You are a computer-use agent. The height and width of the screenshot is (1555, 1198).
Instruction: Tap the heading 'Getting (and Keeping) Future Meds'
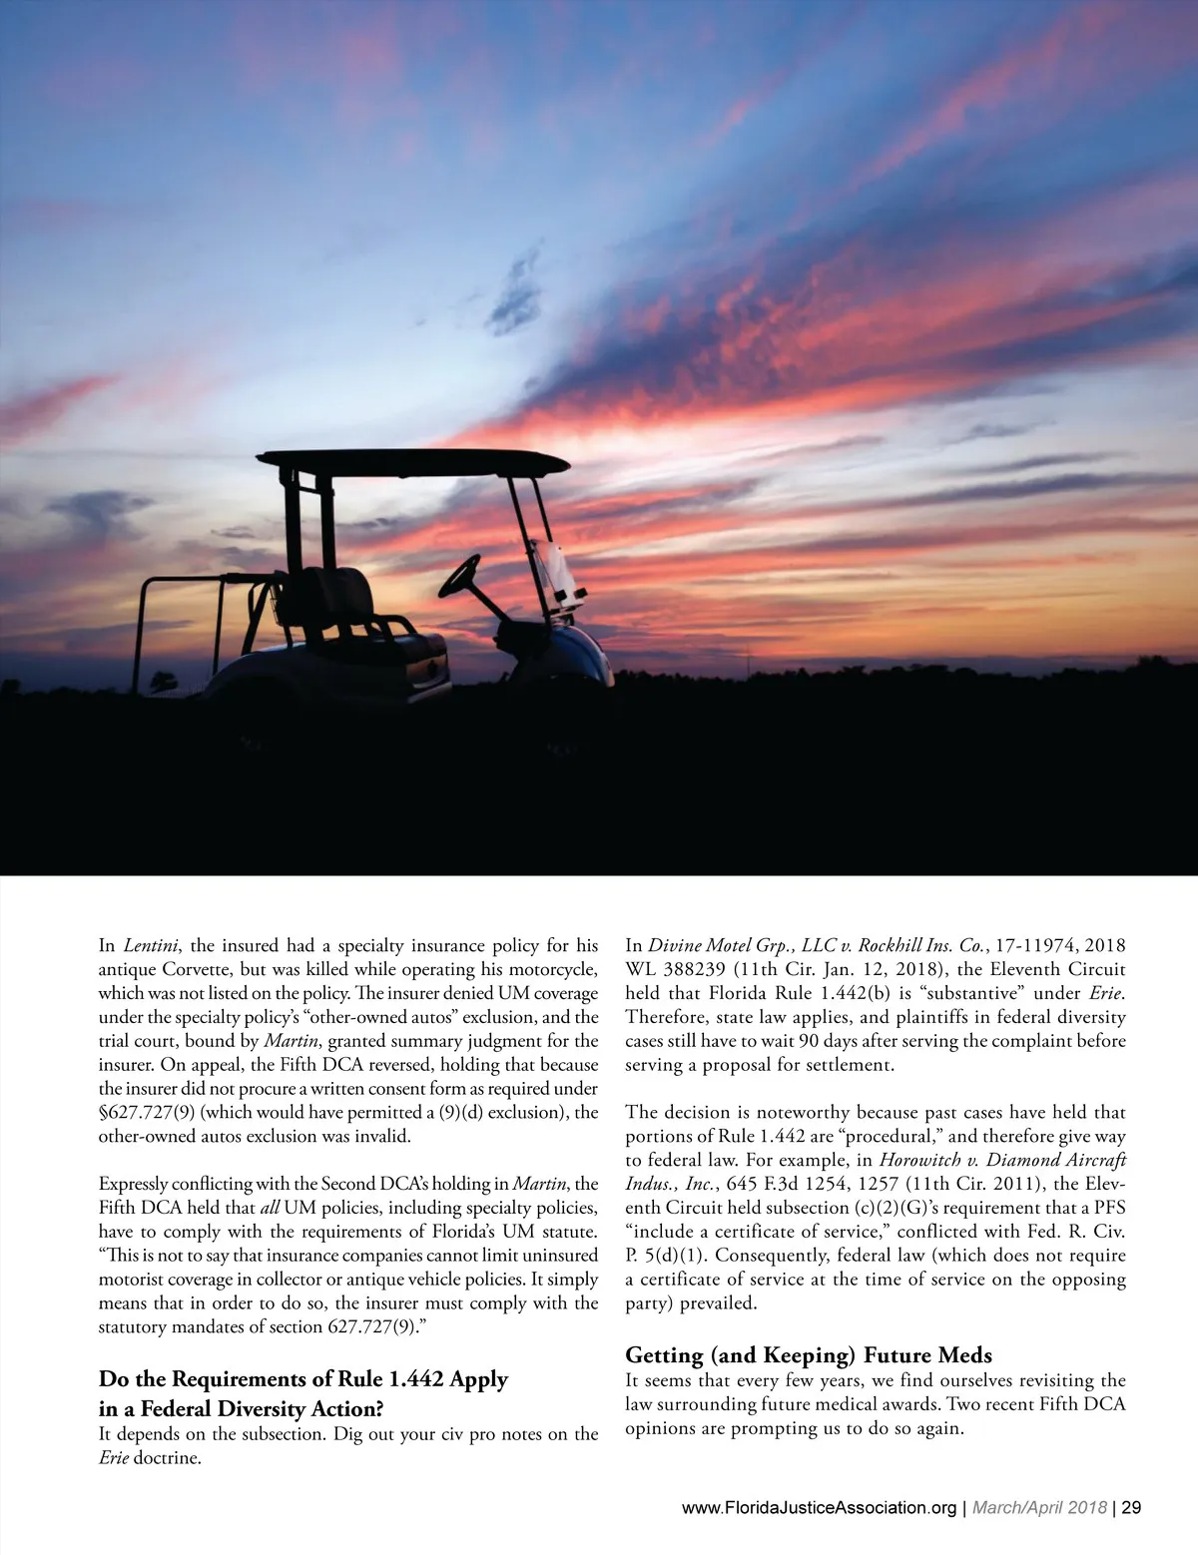click(809, 1354)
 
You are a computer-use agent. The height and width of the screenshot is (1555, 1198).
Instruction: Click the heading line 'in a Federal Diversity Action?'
click(242, 1408)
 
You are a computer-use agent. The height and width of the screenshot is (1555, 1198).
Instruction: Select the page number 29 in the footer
click(1131, 1507)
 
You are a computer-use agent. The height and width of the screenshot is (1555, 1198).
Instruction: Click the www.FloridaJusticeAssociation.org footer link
click(819, 1507)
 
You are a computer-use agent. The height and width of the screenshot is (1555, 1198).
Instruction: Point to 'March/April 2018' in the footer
click(1038, 1507)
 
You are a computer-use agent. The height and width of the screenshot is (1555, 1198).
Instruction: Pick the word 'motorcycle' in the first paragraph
click(554, 969)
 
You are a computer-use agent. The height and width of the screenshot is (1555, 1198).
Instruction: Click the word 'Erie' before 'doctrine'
click(113, 1458)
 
